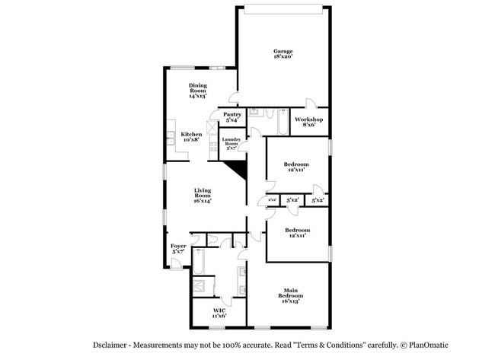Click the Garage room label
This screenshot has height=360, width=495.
click(283, 53)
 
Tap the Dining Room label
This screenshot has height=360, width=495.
click(199, 91)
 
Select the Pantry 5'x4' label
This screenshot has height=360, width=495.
click(232, 117)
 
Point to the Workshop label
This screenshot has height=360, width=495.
click(309, 122)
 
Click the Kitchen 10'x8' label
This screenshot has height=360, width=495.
click(191, 136)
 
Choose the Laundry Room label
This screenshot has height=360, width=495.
click(232, 143)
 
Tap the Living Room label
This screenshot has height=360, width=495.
click(202, 196)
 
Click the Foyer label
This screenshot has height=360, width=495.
click(178, 248)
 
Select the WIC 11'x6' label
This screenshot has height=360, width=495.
click(219, 313)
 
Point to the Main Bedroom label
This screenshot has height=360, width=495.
click(291, 295)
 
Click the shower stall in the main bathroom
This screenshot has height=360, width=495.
click(202, 286)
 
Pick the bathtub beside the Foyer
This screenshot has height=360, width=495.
click(197, 263)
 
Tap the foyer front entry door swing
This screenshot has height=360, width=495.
click(176, 263)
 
